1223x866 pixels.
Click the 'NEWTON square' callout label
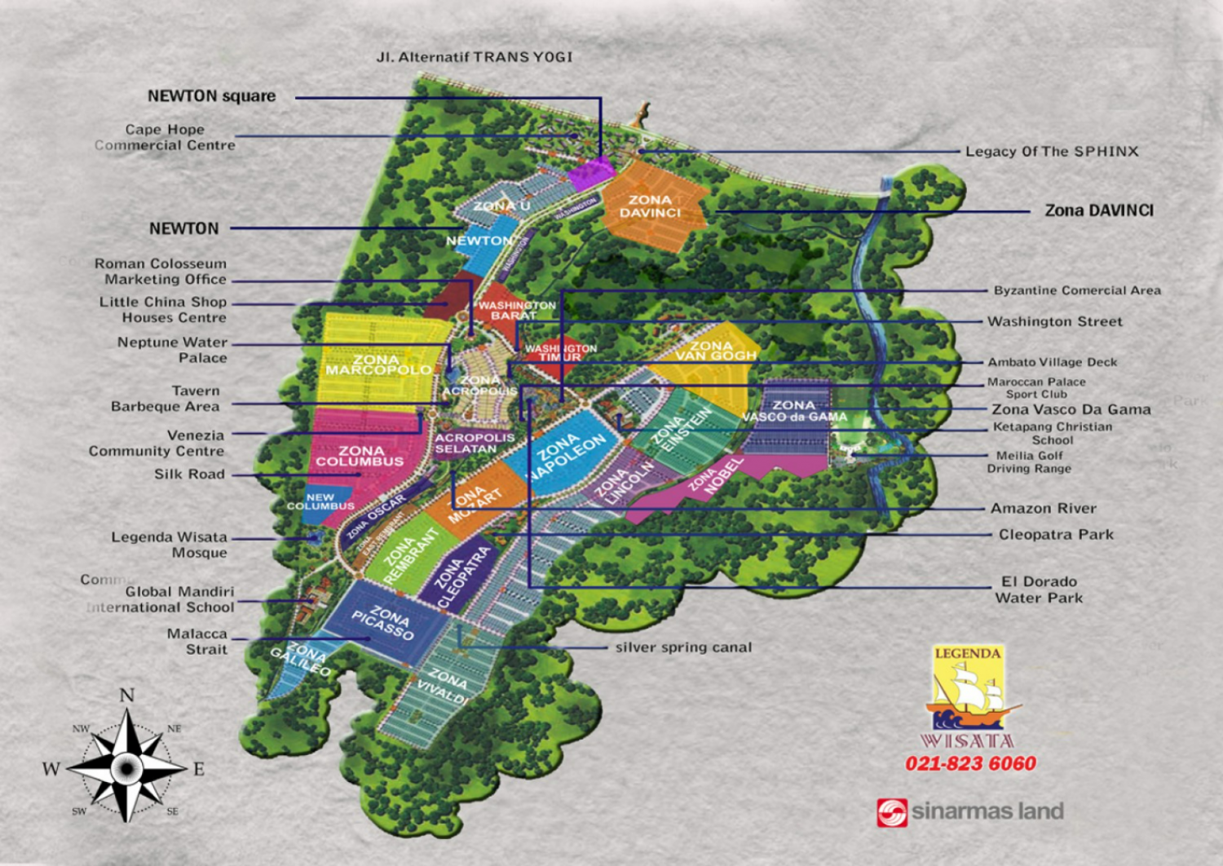click(x=211, y=96)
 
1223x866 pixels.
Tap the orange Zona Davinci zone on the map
click(x=652, y=206)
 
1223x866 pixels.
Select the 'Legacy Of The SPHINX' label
click(x=1051, y=152)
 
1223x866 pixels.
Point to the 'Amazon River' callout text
click(x=1043, y=509)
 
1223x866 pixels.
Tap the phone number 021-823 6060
click(x=970, y=764)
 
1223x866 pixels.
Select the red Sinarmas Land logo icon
click(x=891, y=812)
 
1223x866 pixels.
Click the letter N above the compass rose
click(x=126, y=696)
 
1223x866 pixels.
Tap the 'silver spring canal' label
click(x=683, y=647)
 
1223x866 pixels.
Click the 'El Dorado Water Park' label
click(x=1039, y=590)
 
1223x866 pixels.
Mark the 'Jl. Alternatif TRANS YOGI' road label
click(x=475, y=57)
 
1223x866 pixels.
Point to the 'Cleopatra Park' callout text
click(x=1056, y=535)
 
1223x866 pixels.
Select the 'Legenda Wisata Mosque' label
click(x=170, y=545)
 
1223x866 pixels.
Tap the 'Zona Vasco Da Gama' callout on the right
click(x=1071, y=409)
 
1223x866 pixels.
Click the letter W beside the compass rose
click(x=51, y=769)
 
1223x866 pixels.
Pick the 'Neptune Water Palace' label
click(x=172, y=350)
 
